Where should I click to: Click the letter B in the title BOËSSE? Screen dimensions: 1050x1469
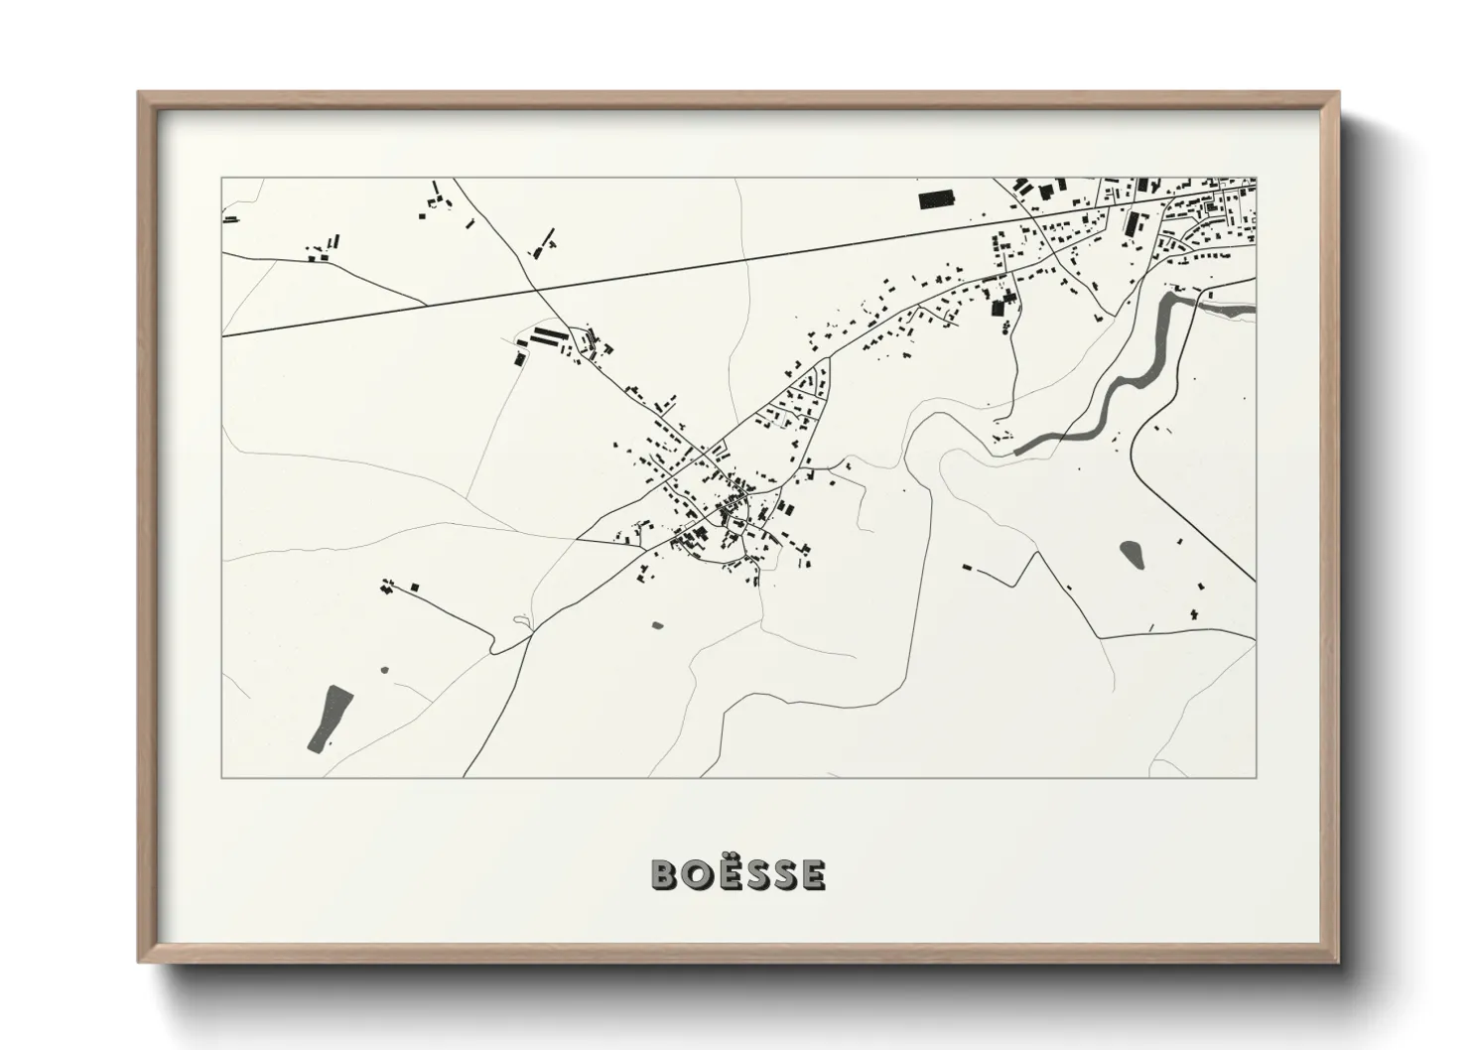pyautogui.click(x=664, y=874)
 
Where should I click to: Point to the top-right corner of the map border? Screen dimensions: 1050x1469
pyautogui.click(x=1256, y=179)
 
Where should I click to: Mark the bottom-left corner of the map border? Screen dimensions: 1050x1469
pyautogui.click(x=222, y=777)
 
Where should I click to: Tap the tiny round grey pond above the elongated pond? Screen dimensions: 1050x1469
pyautogui.click(x=385, y=670)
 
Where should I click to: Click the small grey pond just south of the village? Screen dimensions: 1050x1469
pyautogui.click(x=656, y=625)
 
